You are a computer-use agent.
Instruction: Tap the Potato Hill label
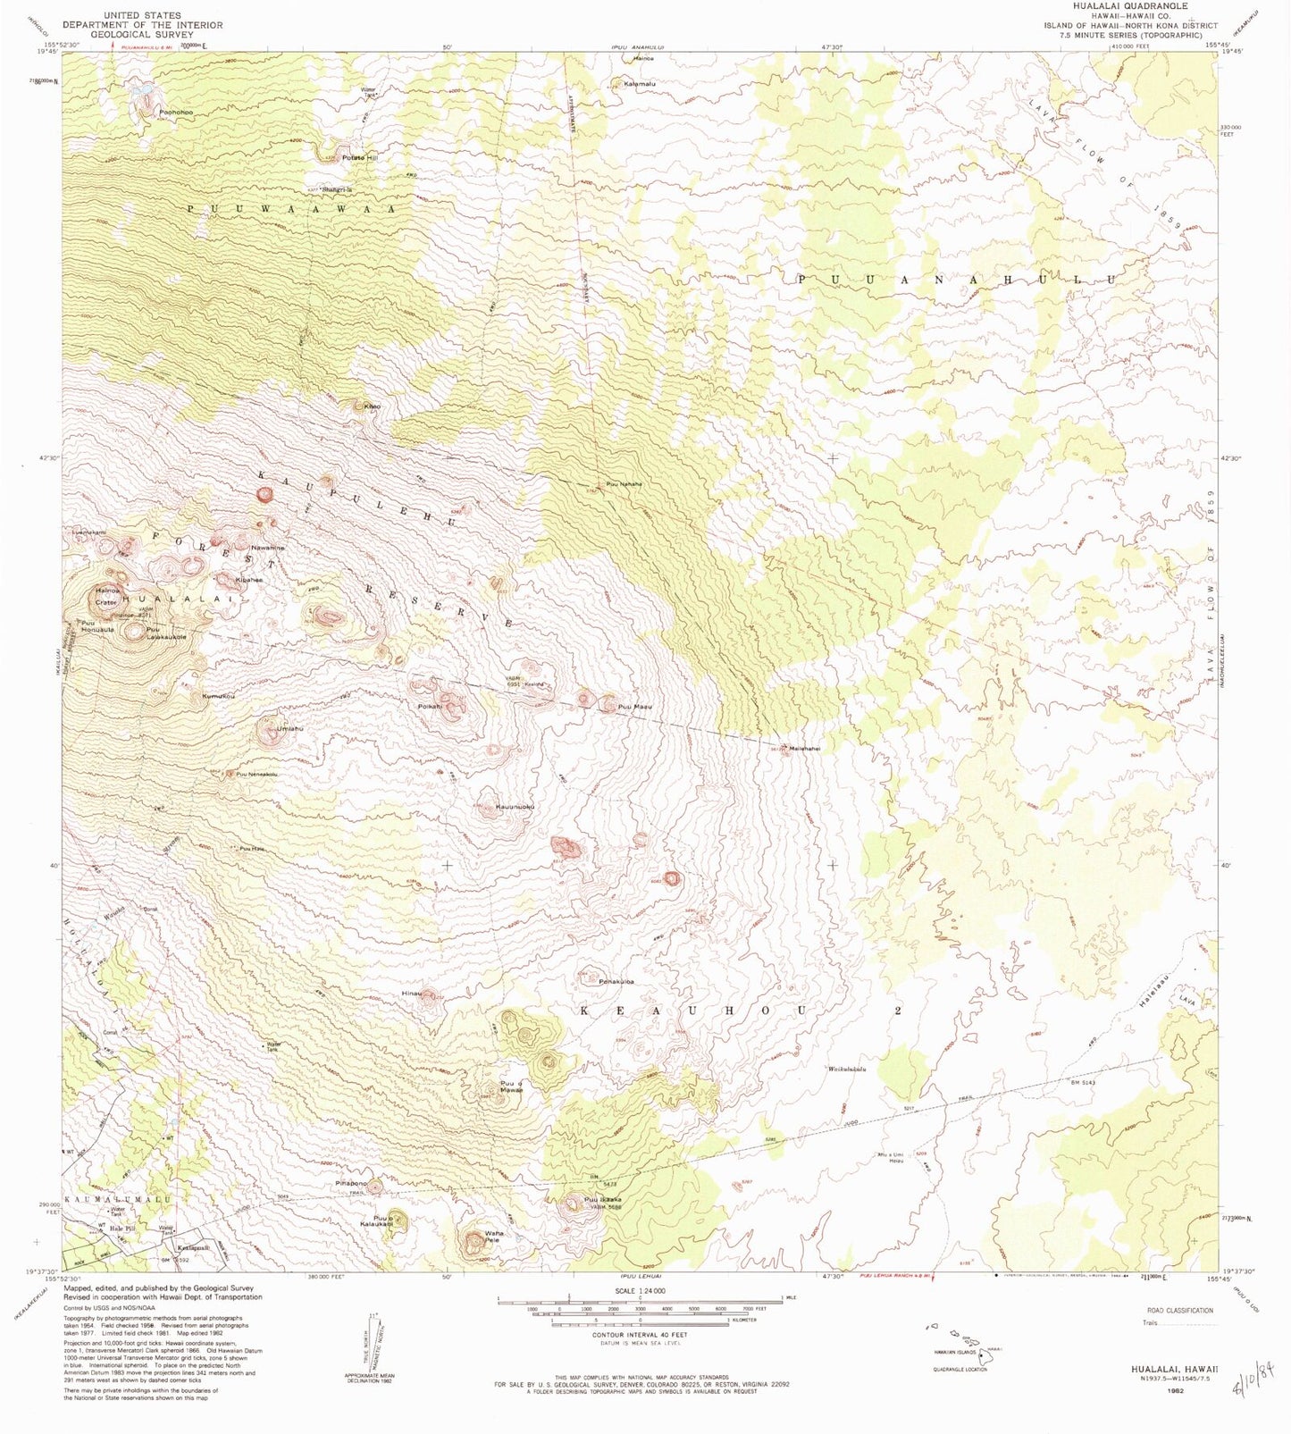coord(360,158)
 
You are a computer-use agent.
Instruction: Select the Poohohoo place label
coord(176,113)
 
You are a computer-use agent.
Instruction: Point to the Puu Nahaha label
coord(624,484)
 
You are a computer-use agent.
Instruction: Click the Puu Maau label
coord(636,707)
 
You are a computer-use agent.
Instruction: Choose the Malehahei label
coord(804,749)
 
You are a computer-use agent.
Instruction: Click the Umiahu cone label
coord(290,729)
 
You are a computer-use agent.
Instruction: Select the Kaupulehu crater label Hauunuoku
coord(515,807)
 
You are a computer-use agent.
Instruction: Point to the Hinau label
coord(411,993)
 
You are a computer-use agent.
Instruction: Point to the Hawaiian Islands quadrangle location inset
coord(960,1341)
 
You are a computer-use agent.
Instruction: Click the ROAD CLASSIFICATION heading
coord(1177,1311)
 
